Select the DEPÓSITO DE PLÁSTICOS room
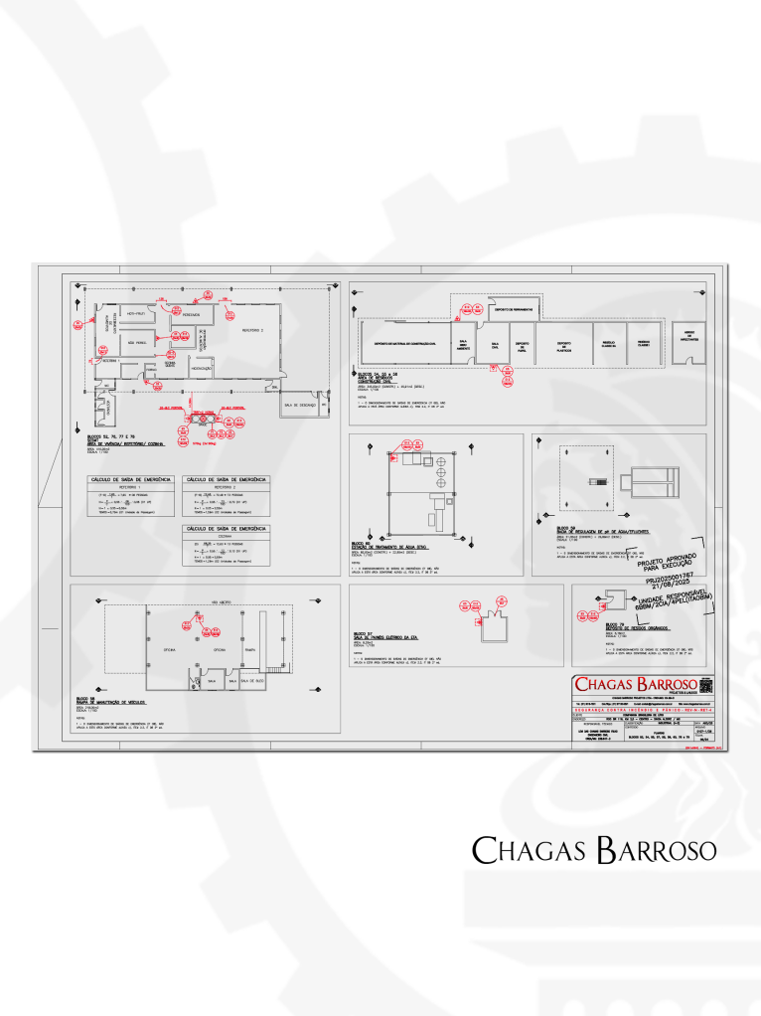[x=562, y=343]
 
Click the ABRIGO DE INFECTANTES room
[x=688, y=337]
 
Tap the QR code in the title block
[x=707, y=684]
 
